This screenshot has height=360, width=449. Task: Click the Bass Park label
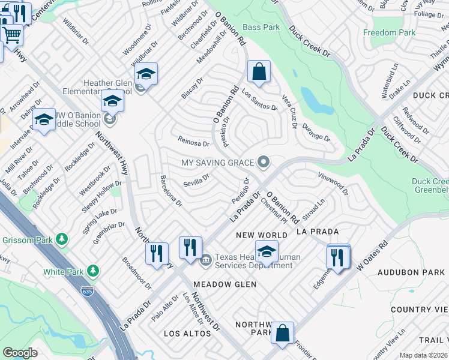[x=261, y=28]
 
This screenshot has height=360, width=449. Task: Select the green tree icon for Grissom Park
[x=62, y=239]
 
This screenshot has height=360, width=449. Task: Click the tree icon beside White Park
[x=92, y=271]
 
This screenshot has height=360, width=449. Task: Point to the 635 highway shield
[x=86, y=290]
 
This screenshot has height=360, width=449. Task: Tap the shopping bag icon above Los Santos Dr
[x=258, y=72]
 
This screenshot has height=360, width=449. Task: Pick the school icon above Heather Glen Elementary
[x=145, y=74]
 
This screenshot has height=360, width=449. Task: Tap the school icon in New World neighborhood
[x=267, y=250]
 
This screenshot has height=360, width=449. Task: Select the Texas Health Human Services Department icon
[x=205, y=259]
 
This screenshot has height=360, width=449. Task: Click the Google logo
[x=20, y=352]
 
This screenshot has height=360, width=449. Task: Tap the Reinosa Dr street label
[x=193, y=142]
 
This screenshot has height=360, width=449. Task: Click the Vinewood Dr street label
[x=333, y=181]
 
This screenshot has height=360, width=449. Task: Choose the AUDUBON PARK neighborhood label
[x=411, y=272]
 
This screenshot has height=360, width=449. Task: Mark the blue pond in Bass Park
[x=310, y=100]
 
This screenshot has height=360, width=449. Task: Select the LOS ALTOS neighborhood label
[x=185, y=332]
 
